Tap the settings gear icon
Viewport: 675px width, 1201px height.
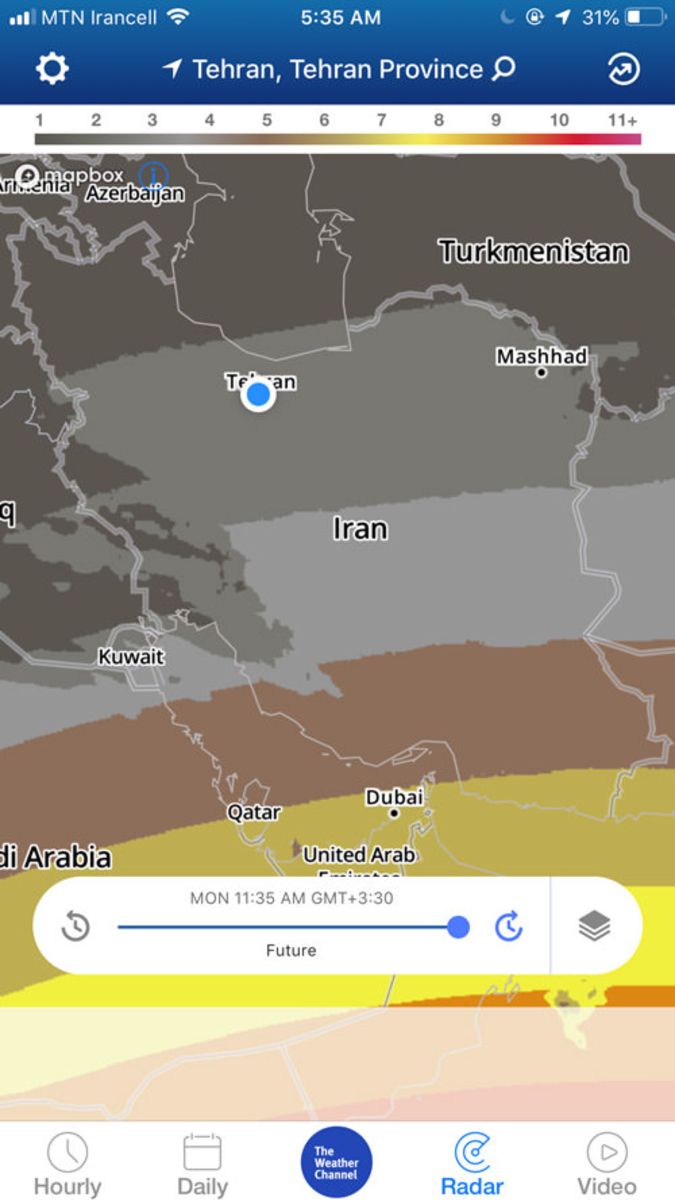tap(52, 69)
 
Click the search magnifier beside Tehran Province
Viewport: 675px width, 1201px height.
tap(503, 69)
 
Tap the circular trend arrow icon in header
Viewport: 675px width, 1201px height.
tap(623, 69)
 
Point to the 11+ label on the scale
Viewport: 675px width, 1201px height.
tap(622, 120)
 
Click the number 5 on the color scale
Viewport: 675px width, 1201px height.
tap(267, 120)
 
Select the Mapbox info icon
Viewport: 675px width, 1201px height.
tap(153, 176)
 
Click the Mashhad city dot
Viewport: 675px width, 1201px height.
tap(541, 372)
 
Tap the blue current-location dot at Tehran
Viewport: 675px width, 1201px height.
tap(258, 395)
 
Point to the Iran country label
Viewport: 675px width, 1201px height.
tap(360, 529)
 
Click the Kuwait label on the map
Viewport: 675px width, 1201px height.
tap(131, 657)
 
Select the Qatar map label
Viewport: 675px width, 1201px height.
tap(254, 812)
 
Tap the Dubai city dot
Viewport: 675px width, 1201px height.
tap(394, 814)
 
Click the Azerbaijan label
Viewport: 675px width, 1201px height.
tap(135, 193)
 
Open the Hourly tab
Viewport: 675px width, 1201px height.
tap(67, 1161)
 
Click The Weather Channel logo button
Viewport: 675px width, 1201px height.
tap(336, 1162)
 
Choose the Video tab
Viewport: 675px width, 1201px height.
tap(607, 1161)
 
